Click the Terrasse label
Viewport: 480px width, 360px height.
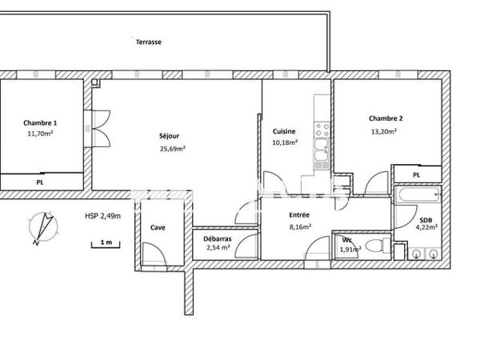[x=149, y=42]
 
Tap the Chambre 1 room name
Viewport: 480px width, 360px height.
[x=39, y=122]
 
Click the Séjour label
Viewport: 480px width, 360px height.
[x=169, y=136]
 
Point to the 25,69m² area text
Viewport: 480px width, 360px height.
[x=172, y=149]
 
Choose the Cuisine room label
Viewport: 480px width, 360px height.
[x=284, y=131]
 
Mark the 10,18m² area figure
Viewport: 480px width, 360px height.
[x=285, y=143]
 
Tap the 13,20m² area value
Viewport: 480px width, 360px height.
[x=383, y=132]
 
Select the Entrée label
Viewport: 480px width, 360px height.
[x=299, y=214]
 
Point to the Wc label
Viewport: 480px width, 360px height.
[x=346, y=239]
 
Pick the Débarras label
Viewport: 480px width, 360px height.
[x=218, y=238]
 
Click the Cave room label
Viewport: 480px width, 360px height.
[x=158, y=228]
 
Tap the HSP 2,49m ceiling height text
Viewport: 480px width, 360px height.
[x=102, y=216]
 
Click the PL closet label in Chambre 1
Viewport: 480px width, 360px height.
[x=39, y=182]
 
